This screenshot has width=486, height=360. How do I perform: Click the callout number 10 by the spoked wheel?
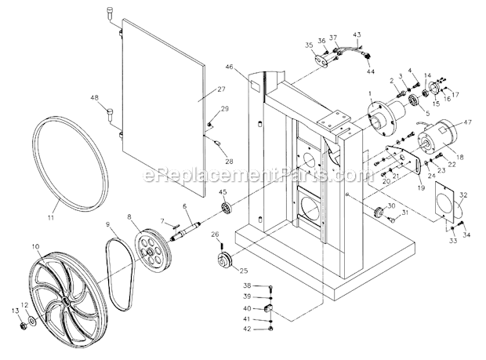click(x=35, y=245)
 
